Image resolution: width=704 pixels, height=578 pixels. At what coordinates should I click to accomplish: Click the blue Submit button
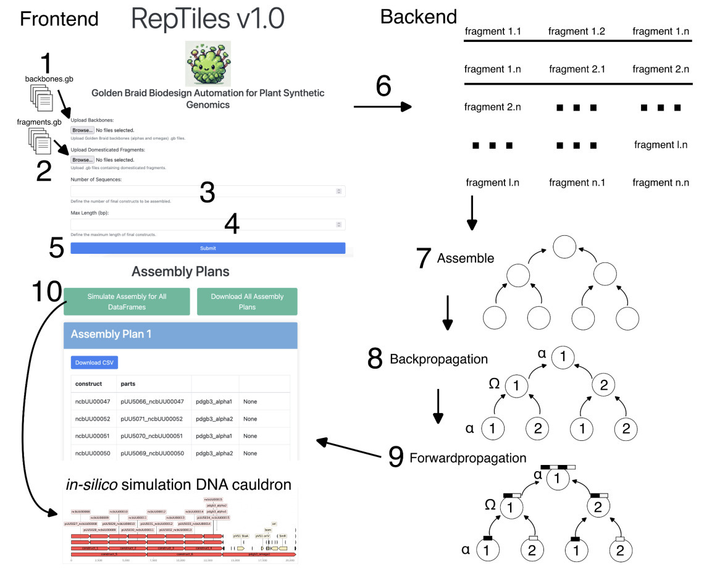tap(207, 248)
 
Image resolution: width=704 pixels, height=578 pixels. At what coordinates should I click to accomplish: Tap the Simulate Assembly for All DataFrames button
tap(127, 301)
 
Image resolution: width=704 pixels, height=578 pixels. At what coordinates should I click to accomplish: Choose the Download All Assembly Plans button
tap(247, 301)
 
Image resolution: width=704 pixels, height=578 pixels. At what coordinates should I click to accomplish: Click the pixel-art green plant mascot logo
tap(208, 64)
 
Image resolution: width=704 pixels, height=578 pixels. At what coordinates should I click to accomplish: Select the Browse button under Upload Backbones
tap(82, 130)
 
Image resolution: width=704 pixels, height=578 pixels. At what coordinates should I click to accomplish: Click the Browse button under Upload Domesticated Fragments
tap(82, 160)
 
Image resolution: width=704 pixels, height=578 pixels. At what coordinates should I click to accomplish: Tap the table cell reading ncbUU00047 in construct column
tap(93, 401)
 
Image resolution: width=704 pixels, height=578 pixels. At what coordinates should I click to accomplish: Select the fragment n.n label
tap(661, 183)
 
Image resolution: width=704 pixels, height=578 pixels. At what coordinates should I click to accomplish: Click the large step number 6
tap(383, 87)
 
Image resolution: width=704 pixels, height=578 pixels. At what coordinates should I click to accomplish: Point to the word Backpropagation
tap(438, 359)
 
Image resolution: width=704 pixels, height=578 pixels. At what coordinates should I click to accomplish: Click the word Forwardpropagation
tap(467, 458)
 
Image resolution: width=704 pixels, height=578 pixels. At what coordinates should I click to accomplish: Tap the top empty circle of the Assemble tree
tap(564, 246)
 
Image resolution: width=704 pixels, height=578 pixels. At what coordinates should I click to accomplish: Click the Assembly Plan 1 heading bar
tap(180, 334)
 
